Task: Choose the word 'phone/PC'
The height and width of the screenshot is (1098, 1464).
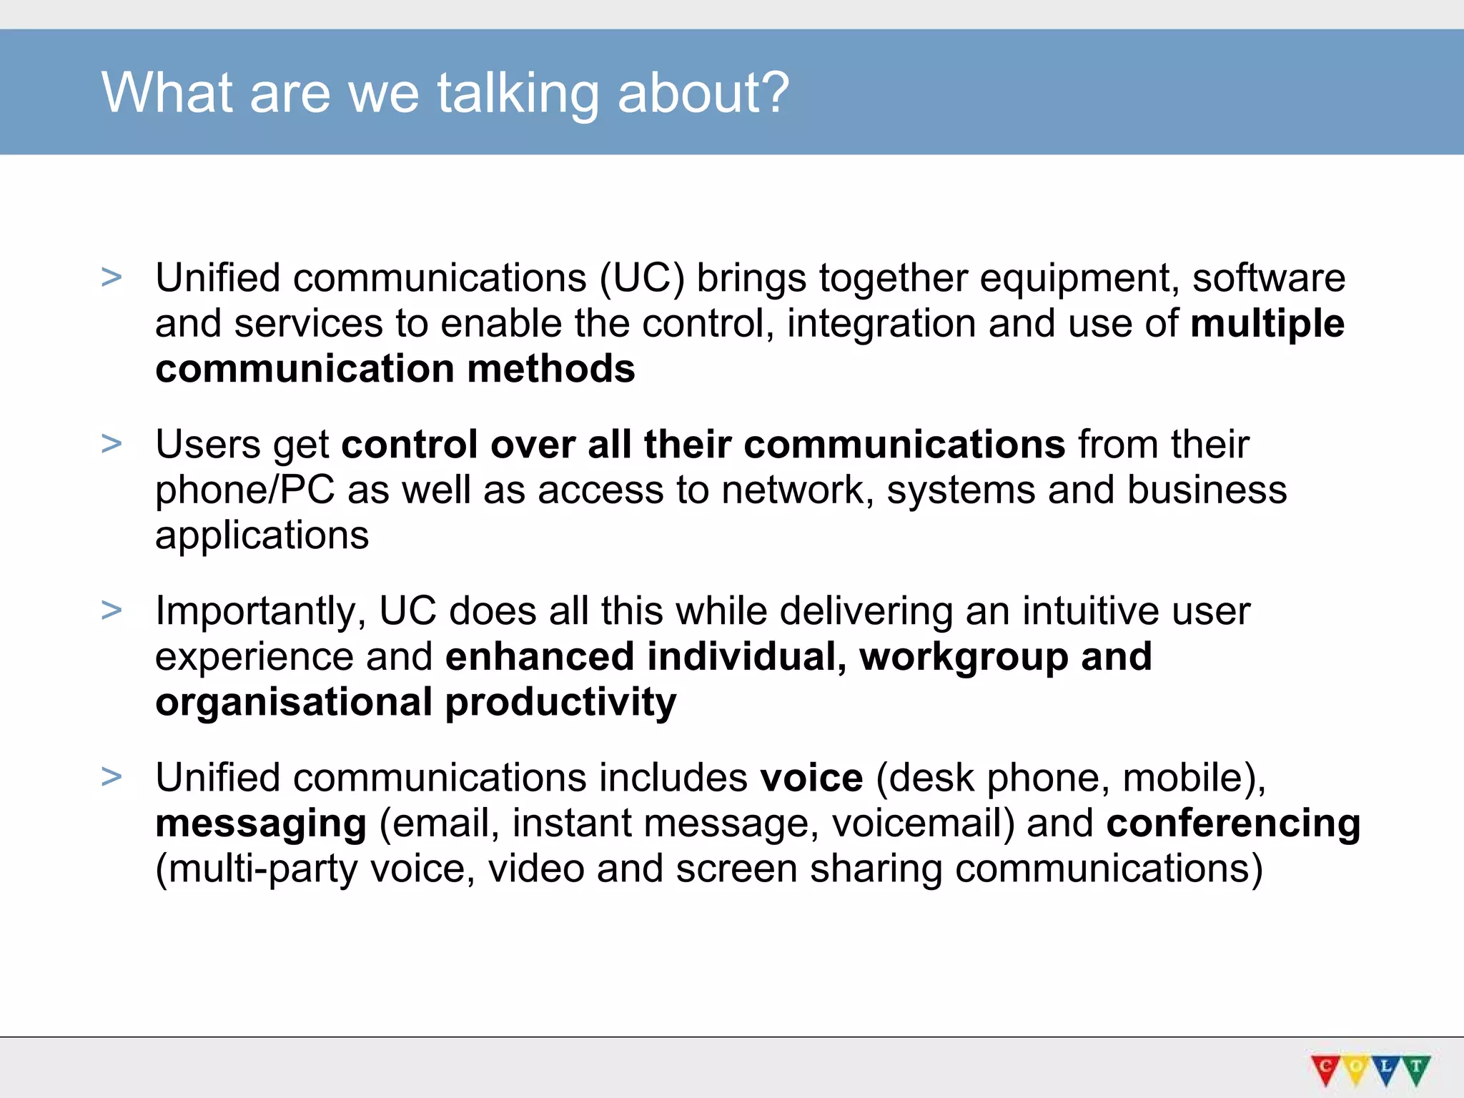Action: (x=244, y=491)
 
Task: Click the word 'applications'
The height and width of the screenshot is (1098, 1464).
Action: (x=262, y=535)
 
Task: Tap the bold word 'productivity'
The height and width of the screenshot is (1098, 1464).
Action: (x=560, y=703)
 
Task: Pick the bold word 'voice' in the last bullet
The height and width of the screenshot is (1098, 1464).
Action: (x=811, y=778)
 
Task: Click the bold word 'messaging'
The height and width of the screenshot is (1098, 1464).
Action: (x=261, y=824)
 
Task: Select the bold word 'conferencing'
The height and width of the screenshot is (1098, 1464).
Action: (x=1233, y=823)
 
